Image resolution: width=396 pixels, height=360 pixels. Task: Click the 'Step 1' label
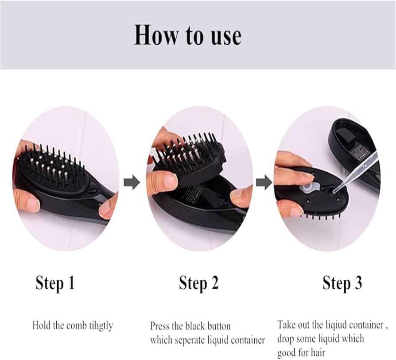[x=55, y=283]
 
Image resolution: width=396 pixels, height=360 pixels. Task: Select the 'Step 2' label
[x=198, y=283]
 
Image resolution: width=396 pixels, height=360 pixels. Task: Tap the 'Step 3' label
[x=342, y=283]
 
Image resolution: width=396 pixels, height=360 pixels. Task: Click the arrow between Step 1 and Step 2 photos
[x=132, y=182]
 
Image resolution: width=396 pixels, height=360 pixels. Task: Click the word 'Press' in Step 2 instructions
[x=160, y=326]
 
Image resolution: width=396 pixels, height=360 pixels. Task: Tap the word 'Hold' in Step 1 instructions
[x=41, y=326]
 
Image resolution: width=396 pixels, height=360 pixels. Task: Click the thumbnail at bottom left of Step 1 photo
[x=32, y=205]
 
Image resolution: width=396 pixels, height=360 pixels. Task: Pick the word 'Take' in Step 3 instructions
[x=287, y=325]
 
